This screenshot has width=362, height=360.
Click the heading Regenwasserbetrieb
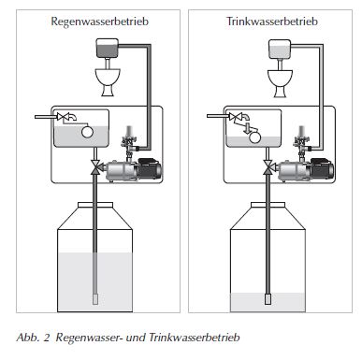pyautogui.click(x=99, y=22)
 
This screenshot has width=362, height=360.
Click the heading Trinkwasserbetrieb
pyautogui.click(x=272, y=22)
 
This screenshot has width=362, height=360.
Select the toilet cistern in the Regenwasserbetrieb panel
pyautogui.click(x=108, y=48)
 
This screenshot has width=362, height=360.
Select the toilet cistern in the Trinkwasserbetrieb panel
pyautogui.click(x=280, y=50)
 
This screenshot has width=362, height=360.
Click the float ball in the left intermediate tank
pyautogui.click(x=87, y=132)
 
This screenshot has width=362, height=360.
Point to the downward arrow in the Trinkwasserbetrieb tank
pyautogui.click(x=248, y=128)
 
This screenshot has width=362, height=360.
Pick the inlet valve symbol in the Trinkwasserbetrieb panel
pyautogui.click(x=235, y=117)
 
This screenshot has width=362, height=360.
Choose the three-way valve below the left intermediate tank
pyautogui.click(x=94, y=166)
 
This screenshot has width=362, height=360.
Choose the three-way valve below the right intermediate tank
pyautogui.click(x=268, y=166)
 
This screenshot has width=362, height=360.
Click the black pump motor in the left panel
pyautogui.click(x=150, y=168)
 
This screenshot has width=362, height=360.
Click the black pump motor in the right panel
pyautogui.click(x=322, y=168)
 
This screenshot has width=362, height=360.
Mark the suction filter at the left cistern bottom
pyautogui.click(x=95, y=299)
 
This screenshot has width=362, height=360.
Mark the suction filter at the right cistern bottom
pyautogui.click(x=268, y=299)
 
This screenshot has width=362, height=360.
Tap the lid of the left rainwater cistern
pyautogui.click(x=95, y=205)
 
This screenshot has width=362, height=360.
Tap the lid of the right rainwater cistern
pyautogui.click(x=268, y=205)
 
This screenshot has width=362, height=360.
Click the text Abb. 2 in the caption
pyautogui.click(x=33, y=338)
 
